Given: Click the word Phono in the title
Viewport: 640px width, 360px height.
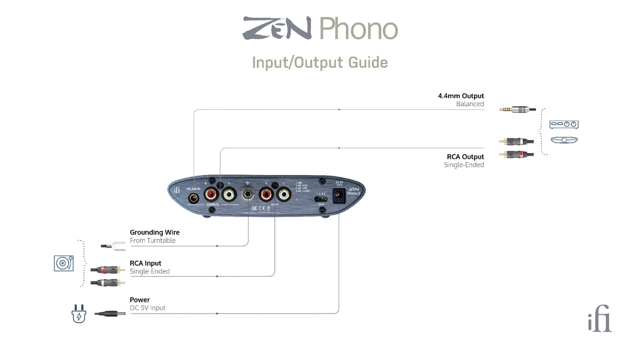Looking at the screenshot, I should pyautogui.click(x=358, y=29).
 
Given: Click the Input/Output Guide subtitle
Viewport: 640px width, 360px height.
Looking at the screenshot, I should pyautogui.click(x=320, y=62).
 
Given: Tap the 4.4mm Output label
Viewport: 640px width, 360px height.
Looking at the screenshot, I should pyautogui.click(x=461, y=96).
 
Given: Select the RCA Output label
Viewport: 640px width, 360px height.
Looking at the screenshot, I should pyautogui.click(x=465, y=157).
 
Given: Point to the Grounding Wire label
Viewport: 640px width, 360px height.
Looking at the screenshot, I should pyautogui.click(x=155, y=233).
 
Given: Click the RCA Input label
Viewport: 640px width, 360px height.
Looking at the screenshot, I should pyautogui.click(x=146, y=263).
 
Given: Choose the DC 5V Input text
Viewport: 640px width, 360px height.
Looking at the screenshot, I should pyautogui.click(x=148, y=308).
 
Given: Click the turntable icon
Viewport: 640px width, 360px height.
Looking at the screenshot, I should pyautogui.click(x=63, y=263).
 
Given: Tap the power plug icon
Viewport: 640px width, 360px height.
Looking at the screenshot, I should pyautogui.click(x=78, y=315).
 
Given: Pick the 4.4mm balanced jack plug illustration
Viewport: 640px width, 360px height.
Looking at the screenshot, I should pyautogui.click(x=517, y=109).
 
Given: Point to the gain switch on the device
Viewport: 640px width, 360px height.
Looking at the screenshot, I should pyautogui.click(x=321, y=199).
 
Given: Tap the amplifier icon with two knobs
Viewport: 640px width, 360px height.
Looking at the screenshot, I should pyautogui.click(x=564, y=124).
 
